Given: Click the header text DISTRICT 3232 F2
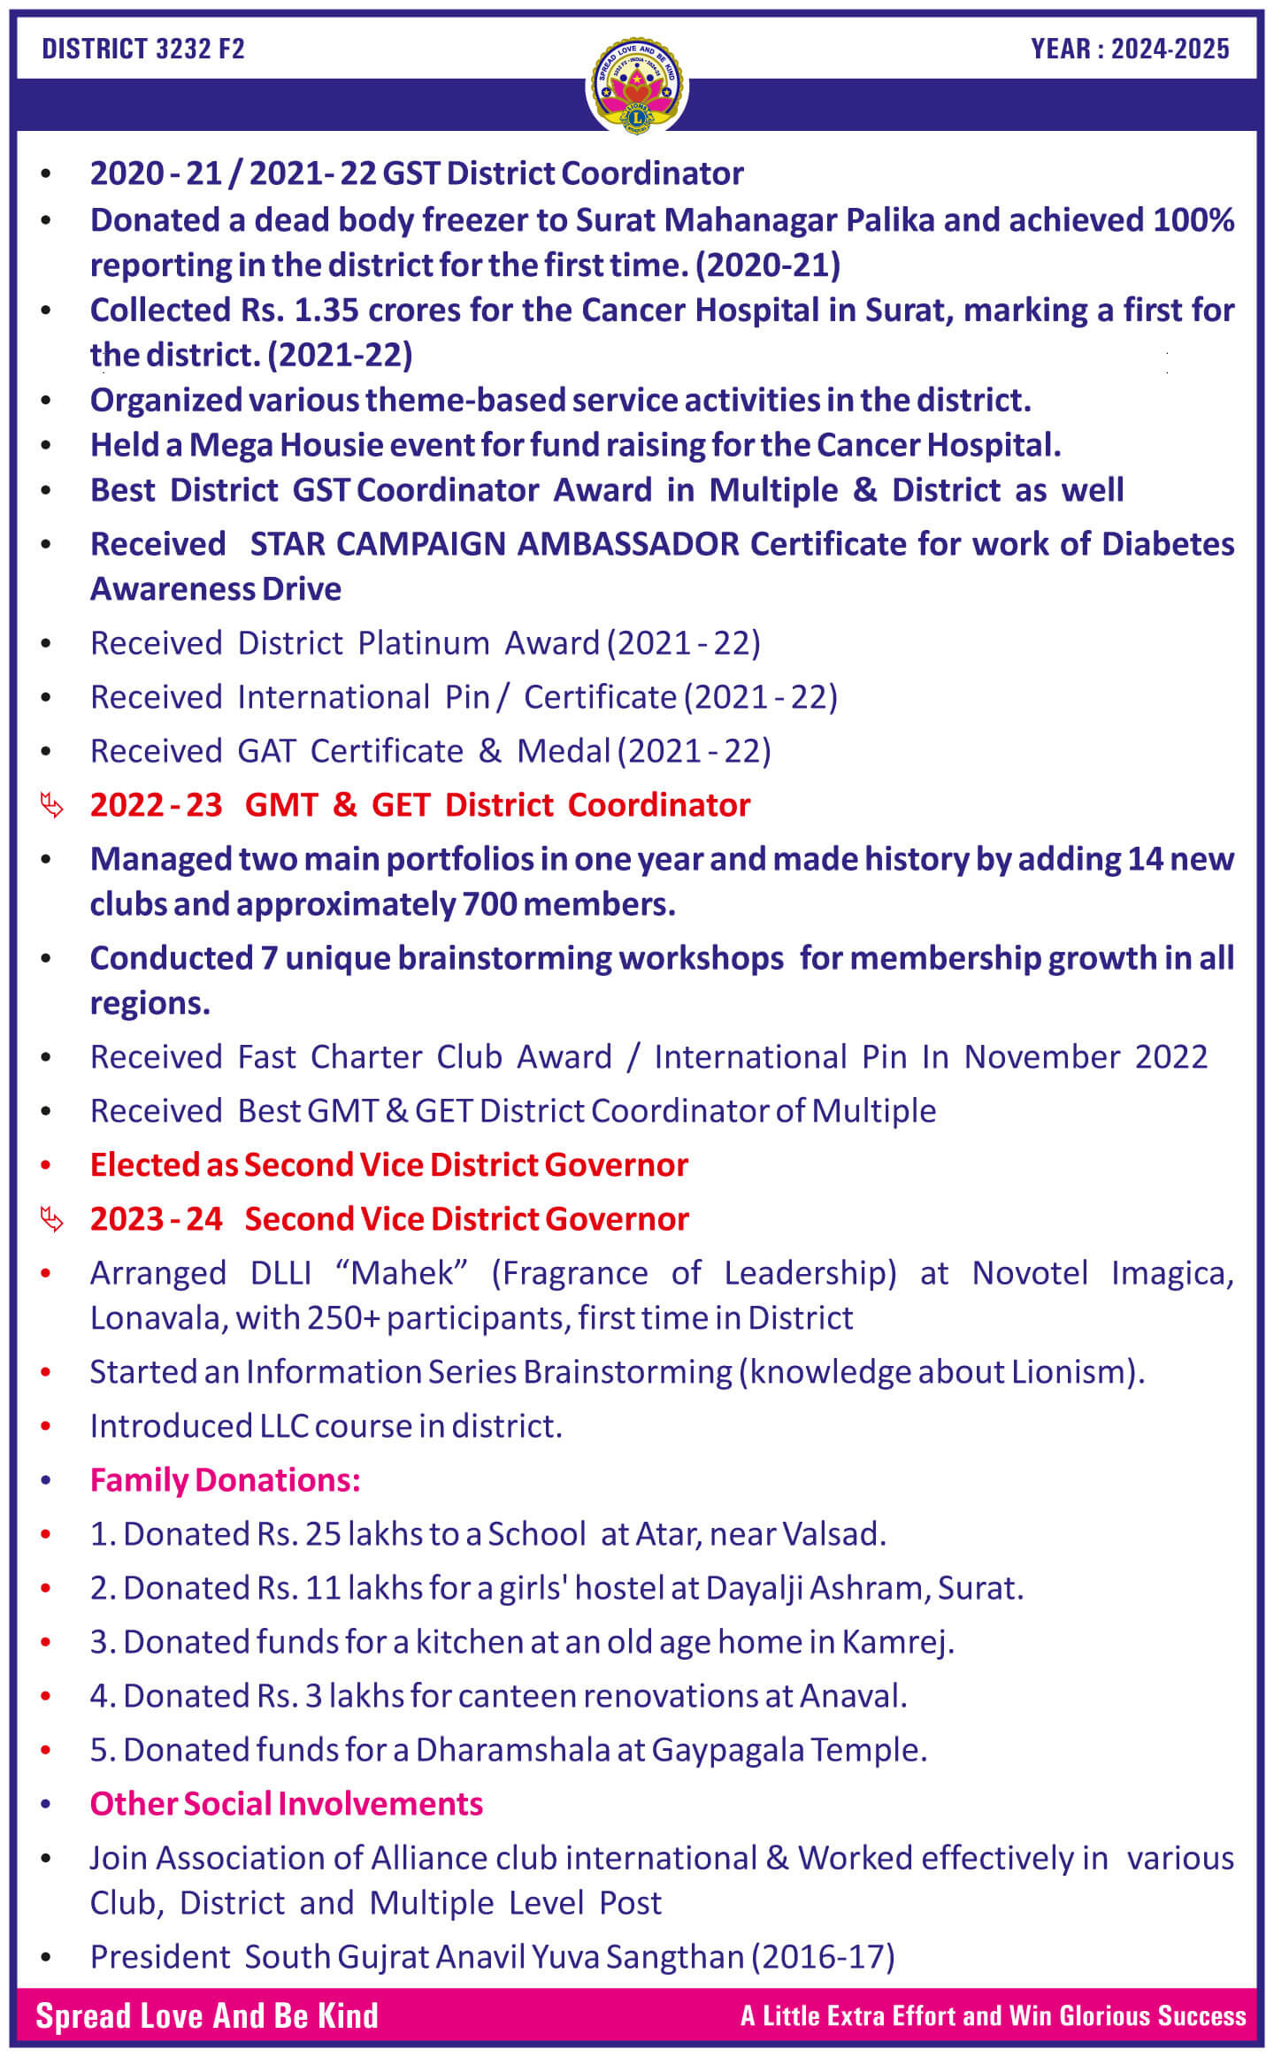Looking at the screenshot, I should point(143,49).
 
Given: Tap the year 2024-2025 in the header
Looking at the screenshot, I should point(1170,49).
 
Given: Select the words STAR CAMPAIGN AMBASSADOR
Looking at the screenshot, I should point(495,544).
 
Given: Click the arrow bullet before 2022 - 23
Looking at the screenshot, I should point(52,806).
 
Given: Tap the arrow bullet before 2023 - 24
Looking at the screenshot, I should point(52,1220).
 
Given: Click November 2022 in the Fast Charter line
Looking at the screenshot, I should point(1086,1057).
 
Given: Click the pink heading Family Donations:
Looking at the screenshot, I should point(225,1480).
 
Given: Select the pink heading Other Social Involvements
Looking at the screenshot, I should point(287,1804).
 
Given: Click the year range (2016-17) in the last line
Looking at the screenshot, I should point(824,1957).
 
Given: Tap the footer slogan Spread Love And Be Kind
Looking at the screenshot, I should point(207,2016).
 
